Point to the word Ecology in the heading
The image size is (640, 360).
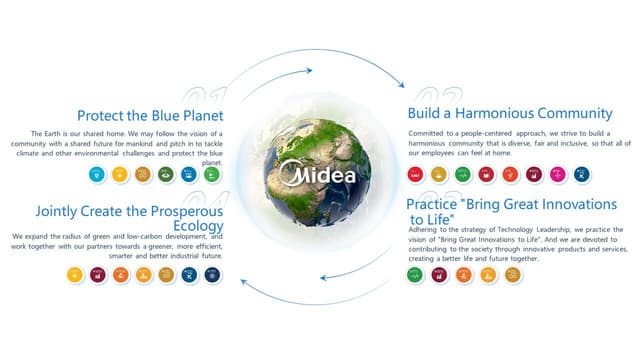(x=197, y=226)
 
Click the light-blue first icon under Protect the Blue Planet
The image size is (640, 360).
(x=97, y=174)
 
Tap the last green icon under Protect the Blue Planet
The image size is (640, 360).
(x=211, y=174)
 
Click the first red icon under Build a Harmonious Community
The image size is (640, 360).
(x=416, y=175)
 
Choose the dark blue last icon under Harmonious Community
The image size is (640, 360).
(x=582, y=175)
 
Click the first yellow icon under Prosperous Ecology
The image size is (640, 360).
(x=74, y=274)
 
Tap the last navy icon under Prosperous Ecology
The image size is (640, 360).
(x=211, y=274)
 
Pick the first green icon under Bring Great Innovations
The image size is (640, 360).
(x=415, y=274)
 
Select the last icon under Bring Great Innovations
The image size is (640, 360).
(x=512, y=274)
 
